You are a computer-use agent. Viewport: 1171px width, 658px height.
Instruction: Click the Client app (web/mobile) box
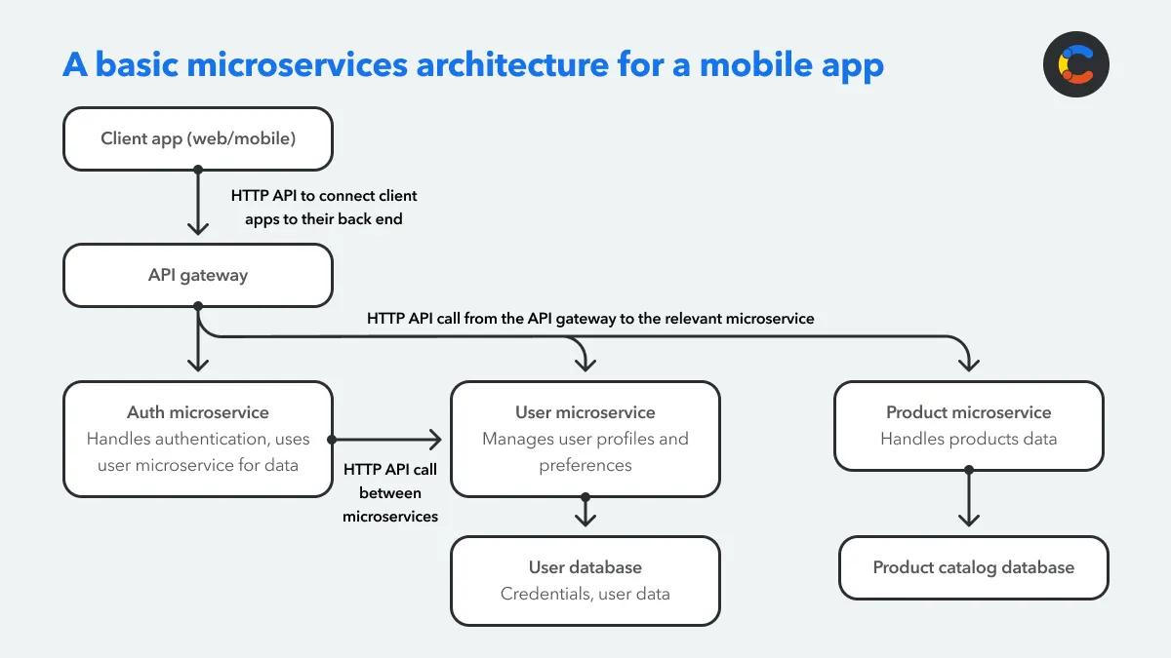point(198,138)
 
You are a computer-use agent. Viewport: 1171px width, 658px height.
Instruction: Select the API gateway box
point(198,275)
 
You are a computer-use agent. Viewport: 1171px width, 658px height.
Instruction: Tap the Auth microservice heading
point(198,412)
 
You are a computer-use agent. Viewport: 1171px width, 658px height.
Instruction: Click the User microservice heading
point(585,412)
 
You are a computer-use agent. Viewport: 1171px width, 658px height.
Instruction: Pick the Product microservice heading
point(968,412)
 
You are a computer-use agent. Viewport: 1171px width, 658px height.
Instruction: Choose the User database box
point(585,580)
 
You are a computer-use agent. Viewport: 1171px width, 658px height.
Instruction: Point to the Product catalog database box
point(973,567)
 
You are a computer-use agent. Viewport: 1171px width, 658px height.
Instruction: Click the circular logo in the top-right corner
point(1076,64)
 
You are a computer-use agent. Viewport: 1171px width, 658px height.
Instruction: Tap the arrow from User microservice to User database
point(585,512)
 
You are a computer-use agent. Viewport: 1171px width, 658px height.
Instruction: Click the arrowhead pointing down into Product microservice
point(968,364)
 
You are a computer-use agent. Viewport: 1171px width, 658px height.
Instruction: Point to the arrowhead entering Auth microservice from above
point(198,364)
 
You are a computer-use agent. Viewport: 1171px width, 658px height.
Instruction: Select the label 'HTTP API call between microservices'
point(390,492)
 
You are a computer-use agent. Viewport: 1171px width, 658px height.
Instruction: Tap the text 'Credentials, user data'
point(585,594)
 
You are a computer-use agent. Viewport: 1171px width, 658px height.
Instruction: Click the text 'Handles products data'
point(968,439)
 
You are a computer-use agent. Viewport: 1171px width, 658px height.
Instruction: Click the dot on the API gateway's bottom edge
point(198,306)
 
